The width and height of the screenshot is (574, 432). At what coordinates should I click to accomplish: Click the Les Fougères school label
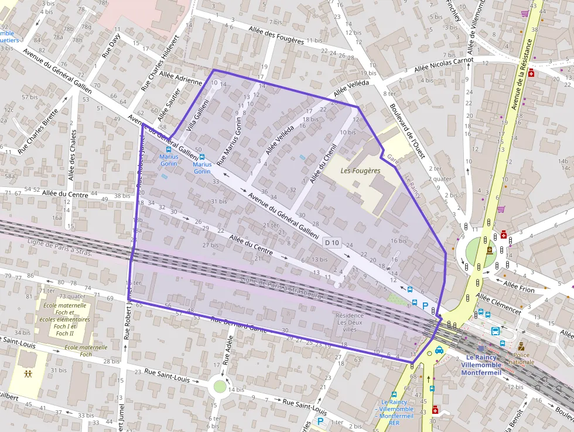(360, 171)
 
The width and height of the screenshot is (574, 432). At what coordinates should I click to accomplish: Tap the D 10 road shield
(332, 243)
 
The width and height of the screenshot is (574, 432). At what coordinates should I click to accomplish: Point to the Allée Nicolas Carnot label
(443, 64)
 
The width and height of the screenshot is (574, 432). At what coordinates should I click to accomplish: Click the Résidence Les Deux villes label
(350, 322)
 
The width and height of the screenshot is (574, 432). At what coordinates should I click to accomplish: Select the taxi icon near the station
(439, 350)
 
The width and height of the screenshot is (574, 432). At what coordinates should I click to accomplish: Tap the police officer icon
(521, 346)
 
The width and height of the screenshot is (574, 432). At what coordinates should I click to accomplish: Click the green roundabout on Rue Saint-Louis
(220, 386)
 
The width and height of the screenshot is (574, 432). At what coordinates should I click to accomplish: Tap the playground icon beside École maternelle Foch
(28, 373)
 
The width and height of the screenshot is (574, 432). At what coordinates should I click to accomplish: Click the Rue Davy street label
(111, 45)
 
